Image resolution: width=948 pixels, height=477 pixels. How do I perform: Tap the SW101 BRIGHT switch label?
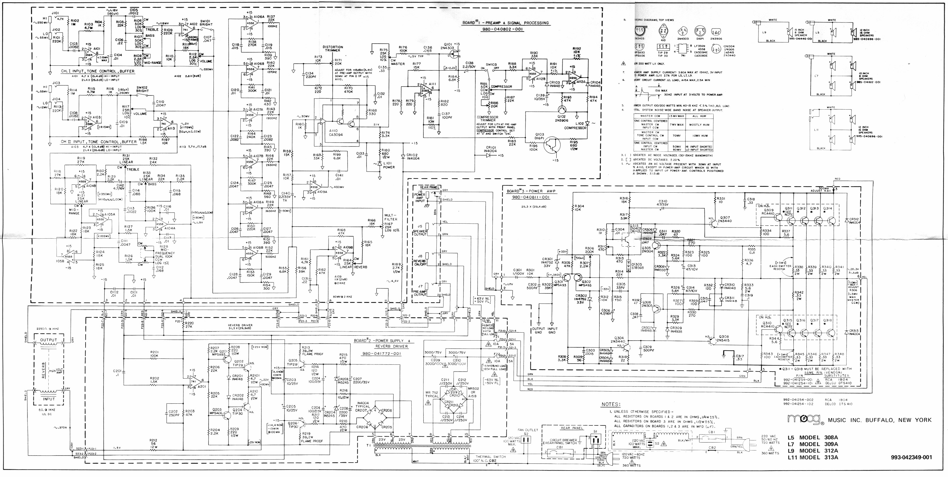206,23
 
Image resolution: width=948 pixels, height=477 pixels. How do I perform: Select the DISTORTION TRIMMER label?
333,49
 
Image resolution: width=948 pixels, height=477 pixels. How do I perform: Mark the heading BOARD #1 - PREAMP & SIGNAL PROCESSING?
505,23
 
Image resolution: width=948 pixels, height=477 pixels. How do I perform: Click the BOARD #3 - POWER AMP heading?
531,191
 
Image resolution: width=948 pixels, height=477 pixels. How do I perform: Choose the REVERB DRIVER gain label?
240,326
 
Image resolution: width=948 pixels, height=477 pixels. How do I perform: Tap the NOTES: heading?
611,404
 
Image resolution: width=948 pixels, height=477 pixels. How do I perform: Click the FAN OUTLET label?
528,430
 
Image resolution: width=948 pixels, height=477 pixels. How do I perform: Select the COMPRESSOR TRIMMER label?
487,119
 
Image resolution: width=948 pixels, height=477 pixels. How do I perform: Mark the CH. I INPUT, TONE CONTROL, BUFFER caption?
98,71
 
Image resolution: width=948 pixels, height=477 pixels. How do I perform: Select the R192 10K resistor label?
577,50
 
